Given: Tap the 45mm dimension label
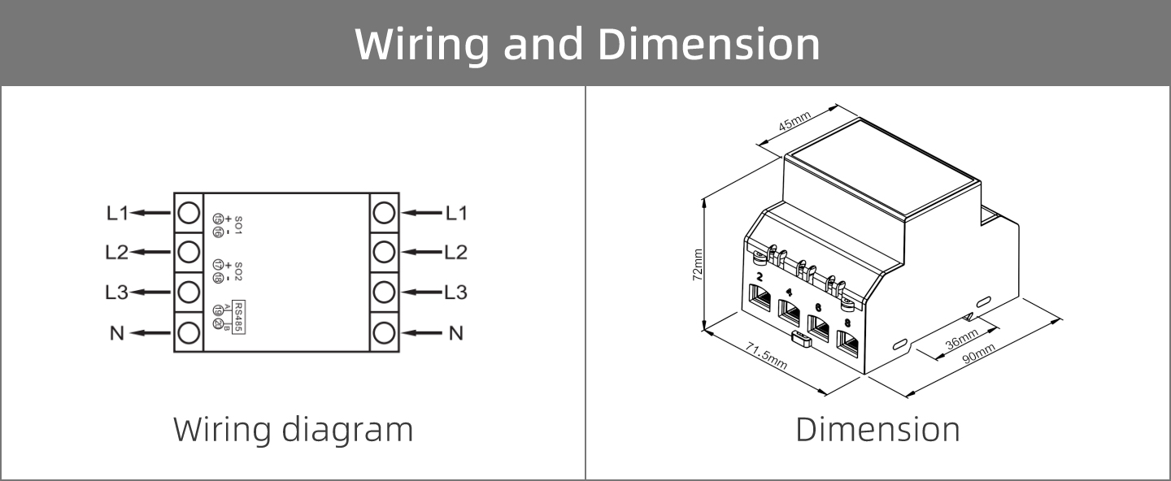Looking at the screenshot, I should pyautogui.click(x=794, y=123).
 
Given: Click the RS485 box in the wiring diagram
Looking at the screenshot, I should pyautogui.click(x=238, y=318).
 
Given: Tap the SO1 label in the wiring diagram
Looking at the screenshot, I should pyautogui.click(x=238, y=225).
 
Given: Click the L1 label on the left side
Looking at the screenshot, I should pyautogui.click(x=117, y=213).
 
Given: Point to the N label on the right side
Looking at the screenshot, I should pyautogui.click(x=456, y=332).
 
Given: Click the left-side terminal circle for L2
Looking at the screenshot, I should pyautogui.click(x=189, y=252).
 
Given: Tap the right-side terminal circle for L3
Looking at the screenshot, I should pyautogui.click(x=384, y=292).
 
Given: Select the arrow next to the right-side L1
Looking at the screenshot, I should pyautogui.click(x=421, y=213).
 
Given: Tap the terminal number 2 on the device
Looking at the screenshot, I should pyautogui.click(x=760, y=277).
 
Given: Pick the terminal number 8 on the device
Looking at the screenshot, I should pyautogui.click(x=848, y=323).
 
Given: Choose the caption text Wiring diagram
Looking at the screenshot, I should pyautogui.click(x=293, y=429).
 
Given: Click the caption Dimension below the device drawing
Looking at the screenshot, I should pyautogui.click(x=877, y=429).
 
